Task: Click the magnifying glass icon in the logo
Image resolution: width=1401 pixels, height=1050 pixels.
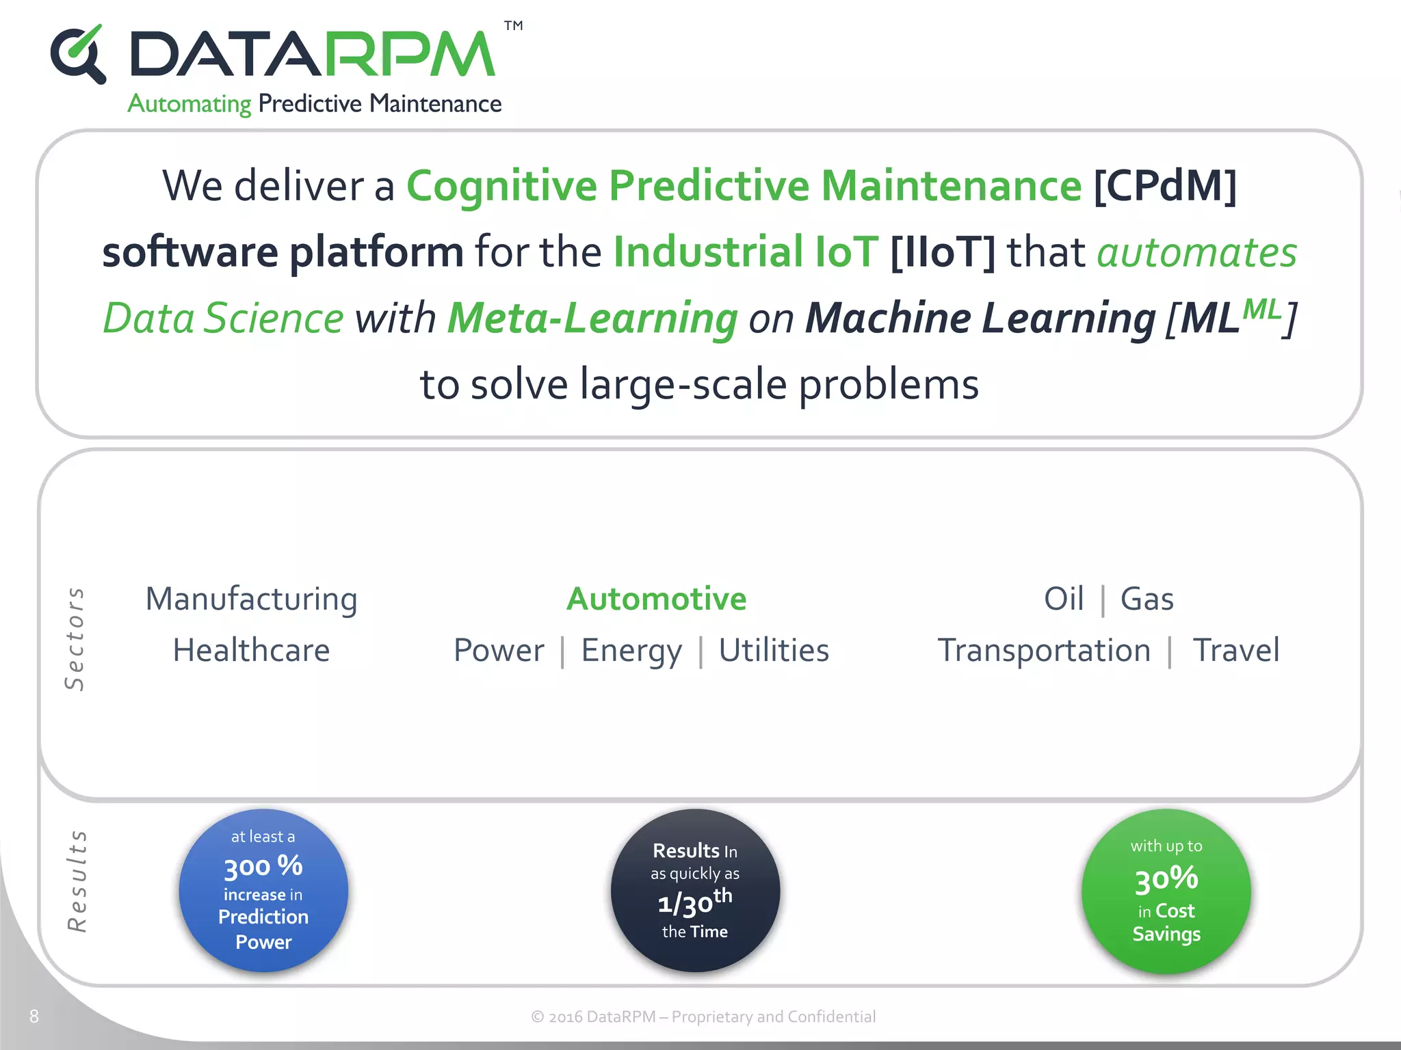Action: [78, 55]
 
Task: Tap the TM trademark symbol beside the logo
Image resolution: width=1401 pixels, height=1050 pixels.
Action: [513, 26]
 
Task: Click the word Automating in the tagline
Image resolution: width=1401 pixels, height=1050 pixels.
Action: [189, 104]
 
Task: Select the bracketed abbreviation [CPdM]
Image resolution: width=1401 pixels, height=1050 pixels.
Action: [1165, 186]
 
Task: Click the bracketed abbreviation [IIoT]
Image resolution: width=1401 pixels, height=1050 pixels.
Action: [943, 252]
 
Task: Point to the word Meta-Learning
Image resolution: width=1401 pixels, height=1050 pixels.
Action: [592, 318]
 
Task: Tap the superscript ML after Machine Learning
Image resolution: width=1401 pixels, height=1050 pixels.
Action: [1261, 309]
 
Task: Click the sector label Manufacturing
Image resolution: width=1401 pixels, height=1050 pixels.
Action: [251, 599]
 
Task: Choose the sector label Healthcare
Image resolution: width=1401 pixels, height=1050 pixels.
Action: [251, 650]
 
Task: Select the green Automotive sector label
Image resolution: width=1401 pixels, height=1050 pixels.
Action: [657, 599]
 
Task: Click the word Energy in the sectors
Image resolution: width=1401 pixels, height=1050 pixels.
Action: [631, 650]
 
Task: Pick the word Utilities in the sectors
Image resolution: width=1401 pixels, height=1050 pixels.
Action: [774, 650]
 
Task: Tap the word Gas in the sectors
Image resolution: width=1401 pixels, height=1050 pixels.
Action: [1147, 599]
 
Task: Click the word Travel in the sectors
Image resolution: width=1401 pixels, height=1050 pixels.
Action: [1235, 650]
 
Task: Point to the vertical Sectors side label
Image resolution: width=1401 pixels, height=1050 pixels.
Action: [75, 638]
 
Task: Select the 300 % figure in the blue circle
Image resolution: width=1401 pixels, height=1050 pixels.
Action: [263, 867]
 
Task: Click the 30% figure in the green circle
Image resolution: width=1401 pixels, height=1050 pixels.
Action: [1166, 879]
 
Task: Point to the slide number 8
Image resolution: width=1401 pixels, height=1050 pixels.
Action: [34, 1017]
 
